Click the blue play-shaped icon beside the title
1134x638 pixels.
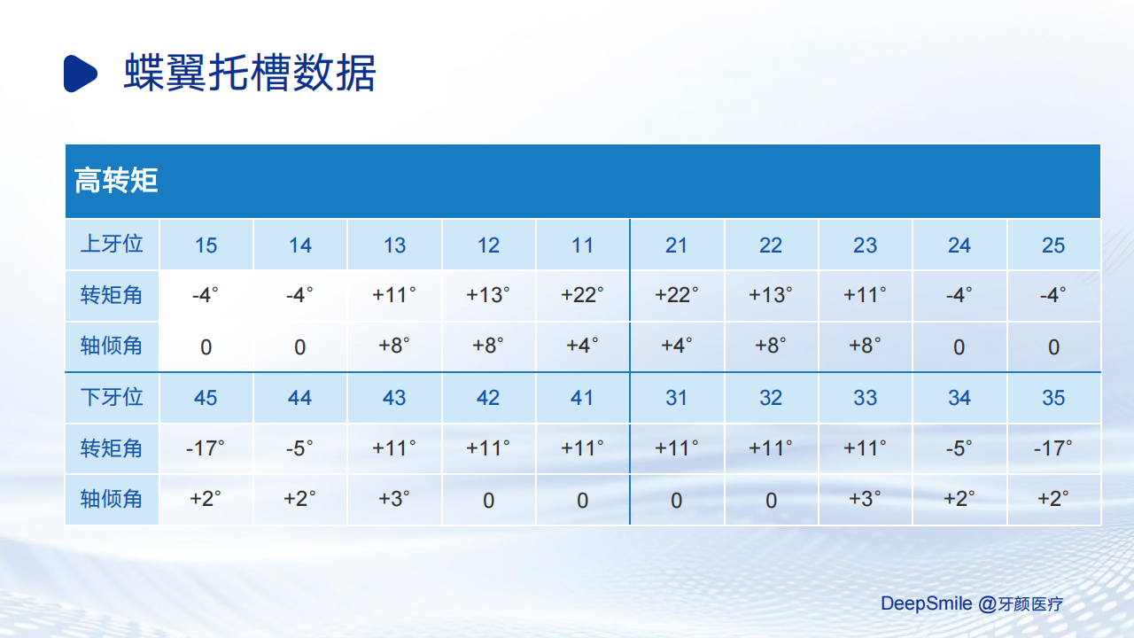tap(80, 74)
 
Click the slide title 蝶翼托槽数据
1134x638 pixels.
tap(250, 73)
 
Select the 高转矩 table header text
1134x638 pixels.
tap(116, 180)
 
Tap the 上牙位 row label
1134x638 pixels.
tap(112, 244)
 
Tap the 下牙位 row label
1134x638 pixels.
tap(112, 397)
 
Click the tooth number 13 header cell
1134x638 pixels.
tap(394, 245)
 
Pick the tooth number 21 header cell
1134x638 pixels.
tap(676, 245)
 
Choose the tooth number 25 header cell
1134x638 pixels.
tap(1053, 245)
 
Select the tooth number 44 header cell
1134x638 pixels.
tap(299, 398)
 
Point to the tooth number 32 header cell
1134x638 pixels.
tap(771, 398)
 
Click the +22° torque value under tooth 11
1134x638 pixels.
tap(582, 295)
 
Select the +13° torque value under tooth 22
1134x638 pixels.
tap(771, 295)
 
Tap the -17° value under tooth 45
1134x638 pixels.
tap(205, 448)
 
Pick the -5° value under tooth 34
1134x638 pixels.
tap(959, 448)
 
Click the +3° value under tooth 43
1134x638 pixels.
tap(394, 499)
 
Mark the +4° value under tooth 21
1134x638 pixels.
tap(676, 346)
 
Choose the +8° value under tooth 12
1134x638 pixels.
tap(488, 346)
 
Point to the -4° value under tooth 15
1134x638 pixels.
tap(205, 295)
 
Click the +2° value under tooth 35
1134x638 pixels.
tap(1053, 499)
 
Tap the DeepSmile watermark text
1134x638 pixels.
tap(926, 603)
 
